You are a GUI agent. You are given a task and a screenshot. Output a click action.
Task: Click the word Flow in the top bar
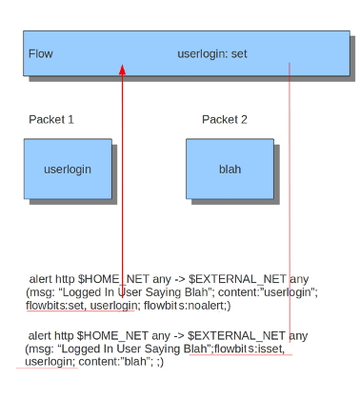coord(41,53)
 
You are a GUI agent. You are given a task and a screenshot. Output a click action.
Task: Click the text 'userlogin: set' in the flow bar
coord(212,54)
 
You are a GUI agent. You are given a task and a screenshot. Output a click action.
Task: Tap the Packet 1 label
coord(51,120)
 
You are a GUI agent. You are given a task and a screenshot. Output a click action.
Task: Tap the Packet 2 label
coord(225,120)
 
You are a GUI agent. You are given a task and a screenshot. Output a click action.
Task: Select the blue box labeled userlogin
coord(68,169)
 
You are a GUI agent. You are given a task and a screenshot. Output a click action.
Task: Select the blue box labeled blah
coord(230,169)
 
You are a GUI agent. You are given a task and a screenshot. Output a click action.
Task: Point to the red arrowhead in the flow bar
coord(122,70)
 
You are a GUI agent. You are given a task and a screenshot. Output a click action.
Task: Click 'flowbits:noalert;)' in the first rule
coord(187,306)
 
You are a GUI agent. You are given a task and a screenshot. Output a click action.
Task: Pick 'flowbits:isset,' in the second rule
coord(250,349)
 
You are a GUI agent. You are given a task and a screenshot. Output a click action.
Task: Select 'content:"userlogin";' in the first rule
coord(268,292)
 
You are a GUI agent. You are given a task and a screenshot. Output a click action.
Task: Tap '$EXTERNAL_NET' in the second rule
coord(236,336)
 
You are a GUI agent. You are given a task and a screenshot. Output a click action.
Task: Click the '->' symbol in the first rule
coord(180,279)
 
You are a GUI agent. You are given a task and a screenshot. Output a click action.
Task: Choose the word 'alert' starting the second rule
coord(40,336)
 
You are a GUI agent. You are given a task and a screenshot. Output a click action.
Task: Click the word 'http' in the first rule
coord(65,280)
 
